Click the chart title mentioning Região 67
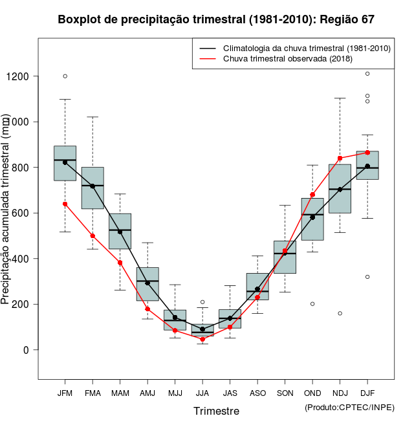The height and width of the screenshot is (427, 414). [216, 19]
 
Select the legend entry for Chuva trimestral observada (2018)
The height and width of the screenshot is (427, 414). [288, 59]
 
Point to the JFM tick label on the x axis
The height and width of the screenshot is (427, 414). [65, 393]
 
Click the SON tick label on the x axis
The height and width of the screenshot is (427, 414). [285, 393]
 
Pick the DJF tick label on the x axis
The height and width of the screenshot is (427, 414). [367, 393]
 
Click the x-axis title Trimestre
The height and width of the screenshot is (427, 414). [216, 411]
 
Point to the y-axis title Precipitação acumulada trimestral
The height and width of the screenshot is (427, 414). [6, 210]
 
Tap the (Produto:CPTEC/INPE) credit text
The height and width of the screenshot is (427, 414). [349, 407]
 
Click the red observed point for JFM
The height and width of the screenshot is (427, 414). [65, 204]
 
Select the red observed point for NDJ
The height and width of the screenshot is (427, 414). [340, 159]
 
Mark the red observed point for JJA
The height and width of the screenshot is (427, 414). [202, 339]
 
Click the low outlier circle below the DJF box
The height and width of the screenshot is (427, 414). [367, 277]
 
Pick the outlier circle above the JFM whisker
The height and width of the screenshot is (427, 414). [65, 76]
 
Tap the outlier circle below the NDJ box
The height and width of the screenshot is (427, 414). [340, 313]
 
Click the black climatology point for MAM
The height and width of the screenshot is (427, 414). [120, 232]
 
